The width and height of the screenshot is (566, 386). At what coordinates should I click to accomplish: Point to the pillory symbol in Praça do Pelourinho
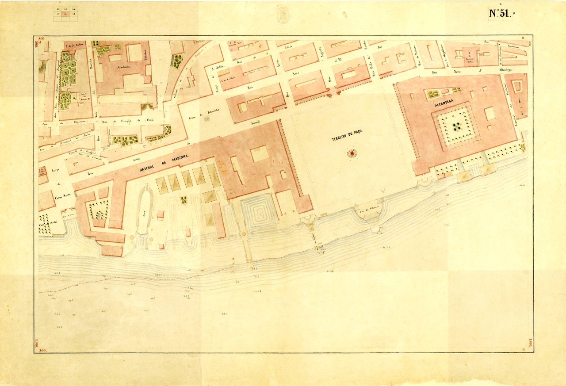pos(207,118)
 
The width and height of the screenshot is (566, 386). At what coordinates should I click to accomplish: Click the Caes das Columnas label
pos(371,212)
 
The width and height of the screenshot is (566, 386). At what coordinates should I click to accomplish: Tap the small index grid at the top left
pos(65,14)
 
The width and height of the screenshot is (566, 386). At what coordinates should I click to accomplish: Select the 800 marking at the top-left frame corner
pos(42,39)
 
